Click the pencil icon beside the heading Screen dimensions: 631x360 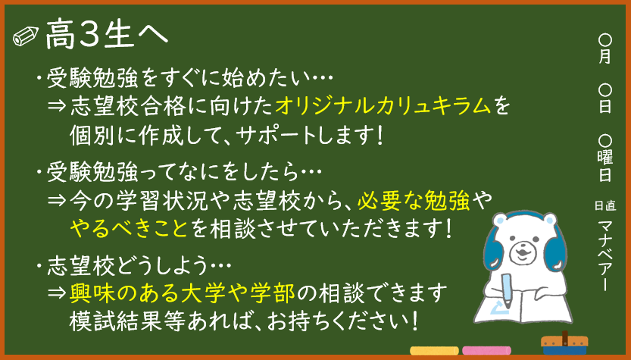pyautogui.click(x=26, y=36)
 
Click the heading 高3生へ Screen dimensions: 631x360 pyautogui.click(x=107, y=35)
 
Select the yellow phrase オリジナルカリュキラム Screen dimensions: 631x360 pyautogui.click(x=383, y=106)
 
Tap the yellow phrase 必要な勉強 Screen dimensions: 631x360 pyautogui.click(x=414, y=200)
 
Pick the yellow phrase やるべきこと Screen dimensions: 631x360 pyautogui.click(x=129, y=228)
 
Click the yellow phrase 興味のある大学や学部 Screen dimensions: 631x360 pyautogui.click(x=183, y=293)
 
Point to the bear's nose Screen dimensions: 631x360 pyautogui.click(x=521, y=249)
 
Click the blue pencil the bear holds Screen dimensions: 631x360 pyautogui.click(x=507, y=291)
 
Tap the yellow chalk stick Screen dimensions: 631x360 pyautogui.click(x=434, y=350)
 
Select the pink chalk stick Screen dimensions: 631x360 pyautogui.click(x=486, y=350)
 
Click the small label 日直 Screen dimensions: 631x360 pyautogui.click(x=604, y=206)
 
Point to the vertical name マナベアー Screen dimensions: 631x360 pyautogui.click(x=604, y=255)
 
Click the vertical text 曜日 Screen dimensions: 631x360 pyautogui.click(x=604, y=165)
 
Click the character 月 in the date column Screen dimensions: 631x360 pyautogui.click(x=604, y=56)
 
